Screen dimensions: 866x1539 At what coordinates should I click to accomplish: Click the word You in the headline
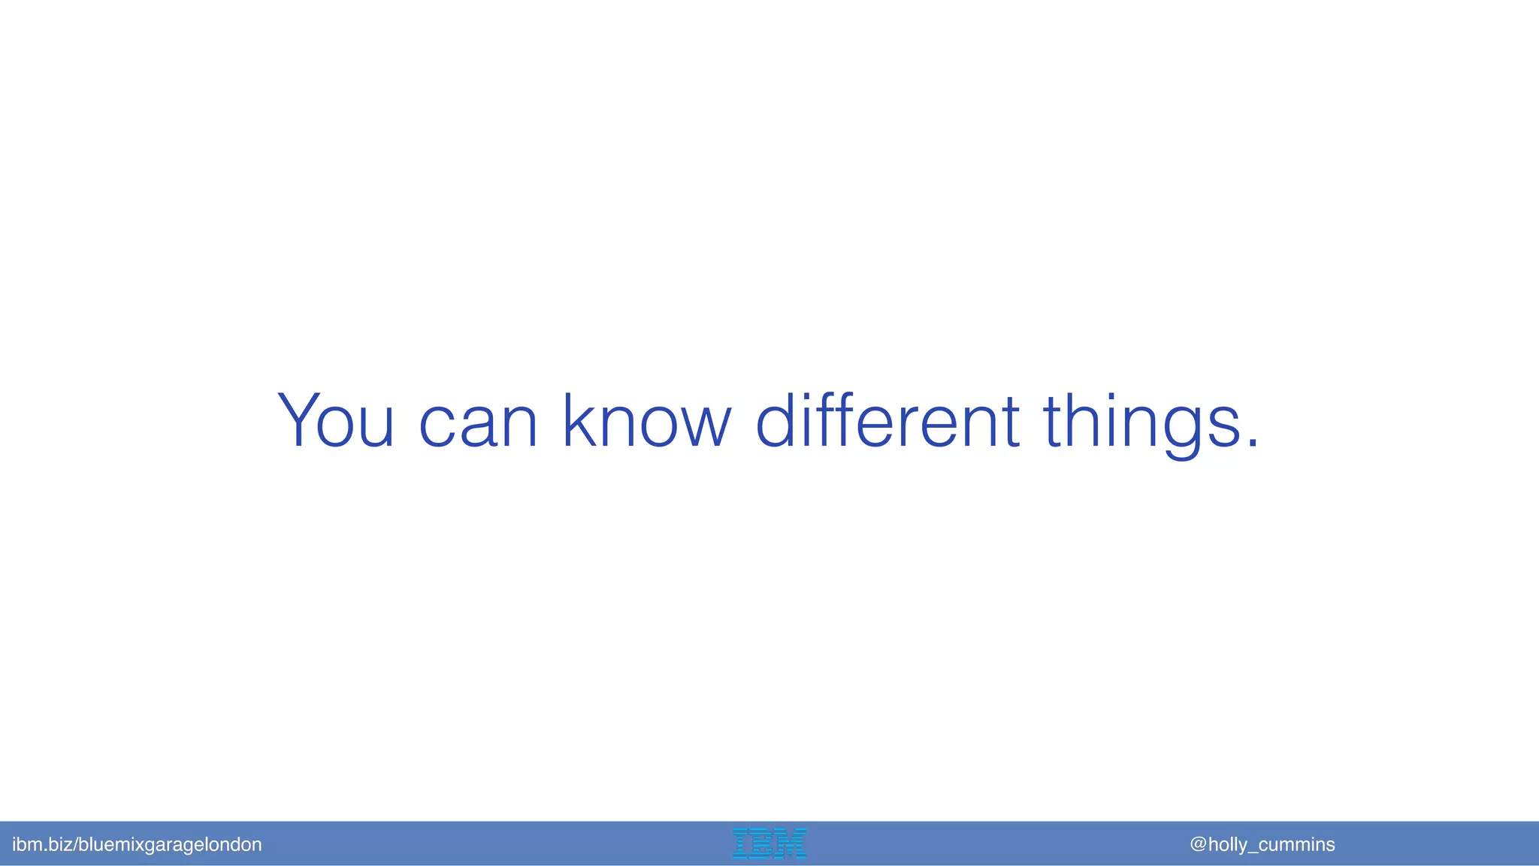pyautogui.click(x=336, y=421)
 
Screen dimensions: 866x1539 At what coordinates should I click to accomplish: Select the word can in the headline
pyautogui.click(x=478, y=422)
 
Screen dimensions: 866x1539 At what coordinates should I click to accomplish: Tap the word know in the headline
pyautogui.click(x=647, y=421)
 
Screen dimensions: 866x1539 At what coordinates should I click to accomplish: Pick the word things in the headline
pyautogui.click(x=1141, y=422)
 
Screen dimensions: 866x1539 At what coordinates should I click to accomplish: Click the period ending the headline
pyautogui.click(x=1252, y=444)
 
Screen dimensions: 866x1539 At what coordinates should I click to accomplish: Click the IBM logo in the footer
pyautogui.click(x=769, y=843)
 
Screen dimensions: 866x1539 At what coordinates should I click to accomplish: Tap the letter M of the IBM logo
pyautogui.click(x=791, y=843)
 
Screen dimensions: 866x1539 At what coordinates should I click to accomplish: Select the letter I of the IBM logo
pyautogui.click(x=740, y=843)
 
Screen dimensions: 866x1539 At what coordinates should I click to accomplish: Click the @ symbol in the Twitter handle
pyautogui.click(x=1198, y=844)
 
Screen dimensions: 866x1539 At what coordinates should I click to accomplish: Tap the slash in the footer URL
pyautogui.click(x=74, y=845)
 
